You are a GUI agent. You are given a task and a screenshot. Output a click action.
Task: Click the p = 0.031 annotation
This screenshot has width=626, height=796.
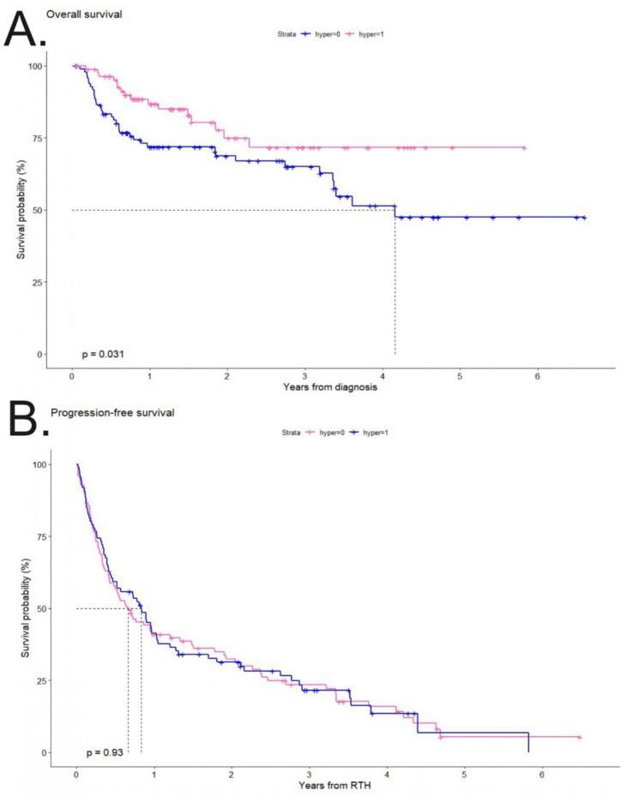tap(104, 353)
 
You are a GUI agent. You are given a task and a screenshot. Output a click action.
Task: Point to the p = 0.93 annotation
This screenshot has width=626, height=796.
tap(105, 752)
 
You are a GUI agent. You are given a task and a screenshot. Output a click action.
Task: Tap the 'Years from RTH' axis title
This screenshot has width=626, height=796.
tap(330, 785)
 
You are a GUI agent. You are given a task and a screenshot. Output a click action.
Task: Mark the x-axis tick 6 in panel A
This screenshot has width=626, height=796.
tap(537, 374)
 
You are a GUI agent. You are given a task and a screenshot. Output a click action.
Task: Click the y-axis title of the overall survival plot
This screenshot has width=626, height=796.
tap(27, 210)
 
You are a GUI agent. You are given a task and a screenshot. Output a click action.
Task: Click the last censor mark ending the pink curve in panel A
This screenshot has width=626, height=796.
tap(523, 148)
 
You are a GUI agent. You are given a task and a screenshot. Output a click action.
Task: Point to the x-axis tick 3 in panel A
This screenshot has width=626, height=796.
tap(304, 374)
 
